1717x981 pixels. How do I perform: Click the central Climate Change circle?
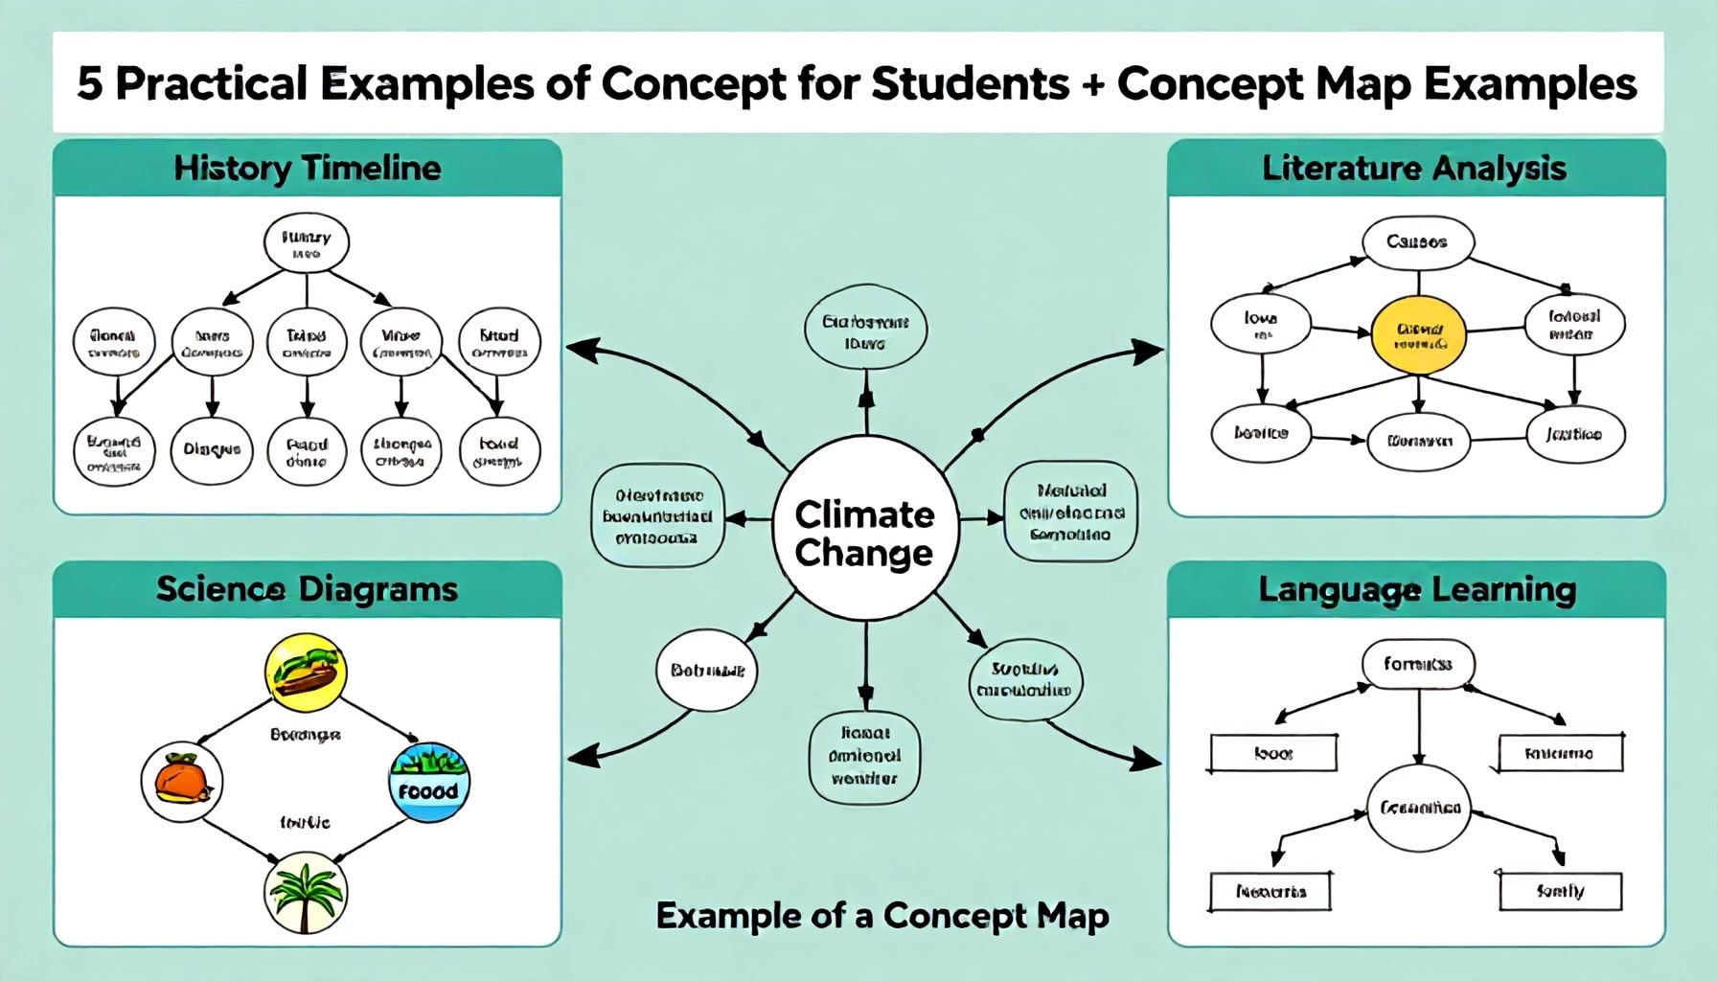click(865, 533)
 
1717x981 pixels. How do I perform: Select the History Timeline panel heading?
click(308, 169)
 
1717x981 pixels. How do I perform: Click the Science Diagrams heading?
click(308, 588)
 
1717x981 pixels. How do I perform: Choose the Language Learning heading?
click(1416, 588)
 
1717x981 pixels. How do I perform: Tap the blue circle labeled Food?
click(429, 782)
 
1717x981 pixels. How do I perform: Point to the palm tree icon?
click(305, 893)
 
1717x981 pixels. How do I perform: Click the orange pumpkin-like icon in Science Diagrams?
click(182, 781)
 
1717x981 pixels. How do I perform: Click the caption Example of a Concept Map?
click(881, 916)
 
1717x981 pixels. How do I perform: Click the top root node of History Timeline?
click(307, 243)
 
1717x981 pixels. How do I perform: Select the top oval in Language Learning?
click(1418, 664)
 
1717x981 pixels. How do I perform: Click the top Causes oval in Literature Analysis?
click(1417, 241)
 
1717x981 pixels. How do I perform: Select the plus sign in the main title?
click(1092, 84)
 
